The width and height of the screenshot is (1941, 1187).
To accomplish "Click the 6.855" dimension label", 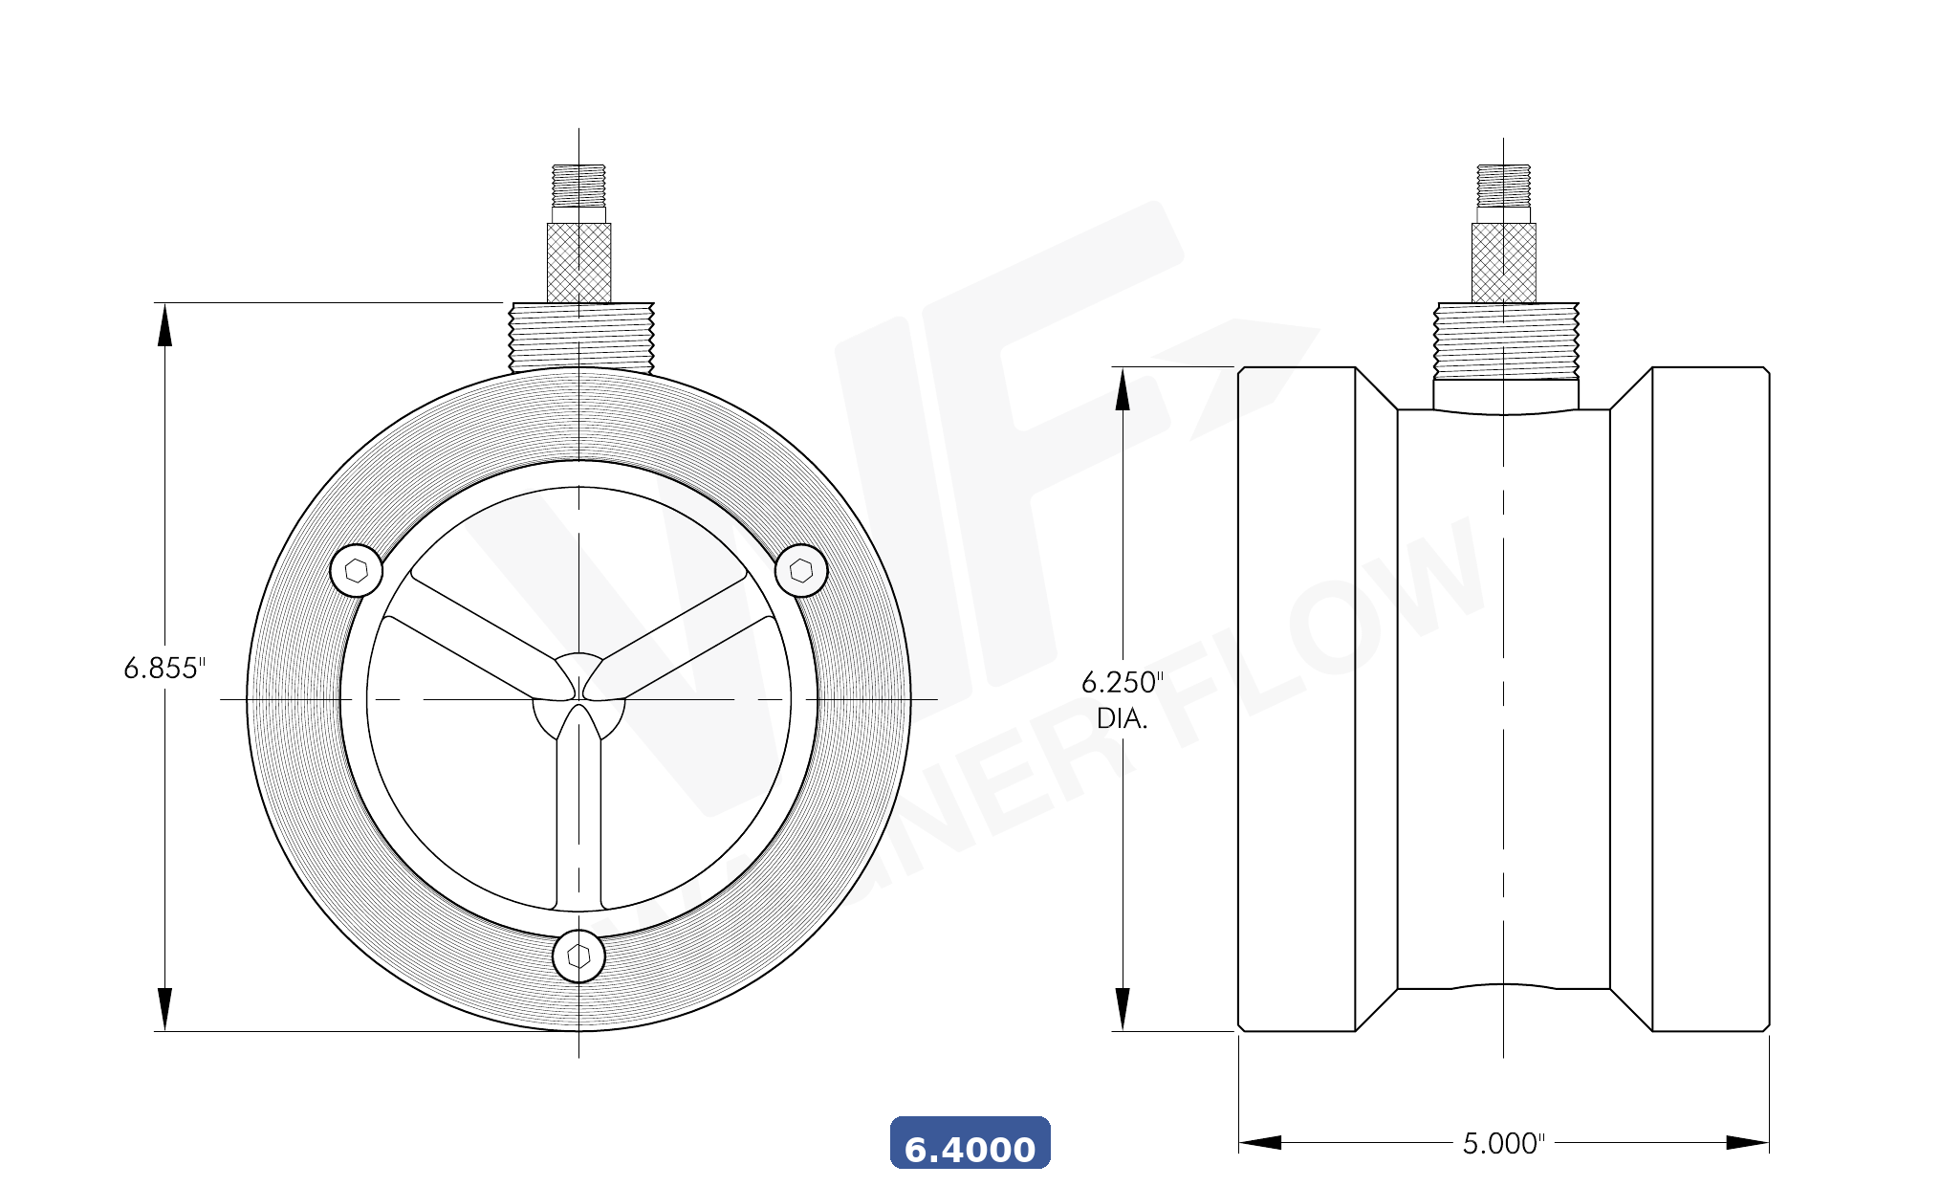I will pyautogui.click(x=164, y=668).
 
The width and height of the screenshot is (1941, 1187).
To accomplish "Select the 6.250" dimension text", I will pyautogui.click(x=1122, y=682).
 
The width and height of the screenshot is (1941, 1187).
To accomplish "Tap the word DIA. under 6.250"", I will pyautogui.click(x=1122, y=718).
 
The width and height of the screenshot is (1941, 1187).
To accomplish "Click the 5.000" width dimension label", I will pyautogui.click(x=1503, y=1143).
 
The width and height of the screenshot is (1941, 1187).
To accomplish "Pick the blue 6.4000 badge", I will pyautogui.click(x=970, y=1143).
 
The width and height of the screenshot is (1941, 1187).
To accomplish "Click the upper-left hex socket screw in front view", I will pyautogui.click(x=356, y=571).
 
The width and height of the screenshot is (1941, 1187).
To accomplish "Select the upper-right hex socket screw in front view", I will pyautogui.click(x=801, y=571).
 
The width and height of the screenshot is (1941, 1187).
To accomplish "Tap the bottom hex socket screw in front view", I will pyautogui.click(x=578, y=956).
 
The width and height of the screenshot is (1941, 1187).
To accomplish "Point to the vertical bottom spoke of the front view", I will pyautogui.click(x=578, y=823).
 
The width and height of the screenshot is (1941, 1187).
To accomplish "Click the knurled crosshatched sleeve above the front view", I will pyautogui.click(x=578, y=262).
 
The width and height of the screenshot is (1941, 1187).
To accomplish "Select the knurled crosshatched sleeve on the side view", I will pyautogui.click(x=1503, y=262).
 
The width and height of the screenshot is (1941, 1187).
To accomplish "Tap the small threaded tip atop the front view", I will pyautogui.click(x=578, y=185).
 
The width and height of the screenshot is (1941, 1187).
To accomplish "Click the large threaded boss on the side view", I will pyautogui.click(x=1506, y=340).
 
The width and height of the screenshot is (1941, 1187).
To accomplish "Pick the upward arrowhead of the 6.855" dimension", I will pyautogui.click(x=165, y=324).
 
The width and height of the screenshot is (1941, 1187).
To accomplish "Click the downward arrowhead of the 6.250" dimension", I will pyautogui.click(x=1123, y=1009).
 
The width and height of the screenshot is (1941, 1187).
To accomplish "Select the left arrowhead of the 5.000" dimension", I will pyautogui.click(x=1260, y=1142).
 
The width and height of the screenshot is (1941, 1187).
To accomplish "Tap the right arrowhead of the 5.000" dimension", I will pyautogui.click(x=1748, y=1142).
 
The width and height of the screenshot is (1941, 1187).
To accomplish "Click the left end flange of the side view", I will pyautogui.click(x=1297, y=699).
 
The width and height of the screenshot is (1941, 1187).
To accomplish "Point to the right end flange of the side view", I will pyautogui.click(x=1711, y=699).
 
